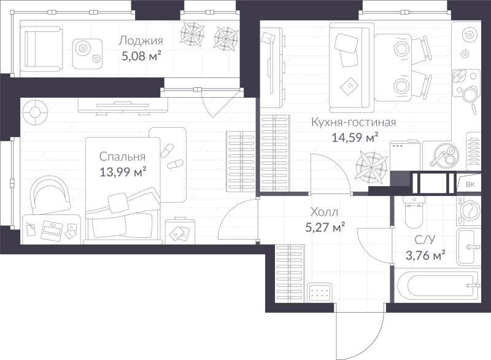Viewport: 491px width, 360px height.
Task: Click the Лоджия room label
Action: pyautogui.click(x=141, y=41)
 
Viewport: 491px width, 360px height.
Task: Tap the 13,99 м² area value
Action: pyautogui.click(x=123, y=171)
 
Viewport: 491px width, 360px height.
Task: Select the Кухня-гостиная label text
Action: pyautogui.click(x=354, y=122)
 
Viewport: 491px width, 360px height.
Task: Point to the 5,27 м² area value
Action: pyautogui.click(x=325, y=227)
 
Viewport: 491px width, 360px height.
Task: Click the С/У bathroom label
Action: pyautogui.click(x=425, y=240)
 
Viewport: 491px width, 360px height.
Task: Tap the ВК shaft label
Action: pyautogui.click(x=470, y=184)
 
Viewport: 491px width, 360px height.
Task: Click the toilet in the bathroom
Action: pyautogui.click(x=414, y=212)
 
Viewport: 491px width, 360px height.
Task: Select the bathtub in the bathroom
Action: pyautogui.click(x=438, y=285)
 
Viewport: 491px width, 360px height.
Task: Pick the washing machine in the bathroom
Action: pyautogui.click(x=469, y=211)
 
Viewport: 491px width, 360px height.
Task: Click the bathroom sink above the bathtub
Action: pyautogui.click(x=468, y=247)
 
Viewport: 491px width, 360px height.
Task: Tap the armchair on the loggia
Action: pyautogui.click(x=41, y=49)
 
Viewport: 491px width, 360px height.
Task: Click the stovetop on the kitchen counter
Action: pyautogui.click(x=466, y=84)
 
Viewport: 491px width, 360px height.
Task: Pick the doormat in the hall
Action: pyautogui.click(x=320, y=292)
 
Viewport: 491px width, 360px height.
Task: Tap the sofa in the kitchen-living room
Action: pyautogui.click(x=351, y=68)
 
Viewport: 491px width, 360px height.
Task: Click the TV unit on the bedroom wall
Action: pyautogui.click(x=123, y=106)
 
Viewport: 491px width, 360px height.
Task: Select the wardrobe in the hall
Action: pyautogui.click(x=290, y=273)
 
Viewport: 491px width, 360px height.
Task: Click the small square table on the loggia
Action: pyautogui.click(x=87, y=53)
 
